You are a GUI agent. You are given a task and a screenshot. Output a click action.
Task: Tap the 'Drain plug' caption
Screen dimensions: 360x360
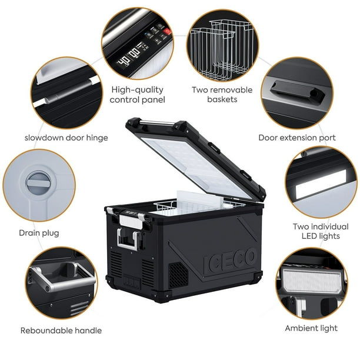click(39, 233)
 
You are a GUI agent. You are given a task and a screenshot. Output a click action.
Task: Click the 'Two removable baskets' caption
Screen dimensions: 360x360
click(222, 95)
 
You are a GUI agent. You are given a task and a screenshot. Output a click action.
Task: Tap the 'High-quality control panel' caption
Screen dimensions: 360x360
click(138, 95)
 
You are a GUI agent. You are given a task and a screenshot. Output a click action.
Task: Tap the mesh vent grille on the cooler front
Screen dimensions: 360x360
click(179, 275)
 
